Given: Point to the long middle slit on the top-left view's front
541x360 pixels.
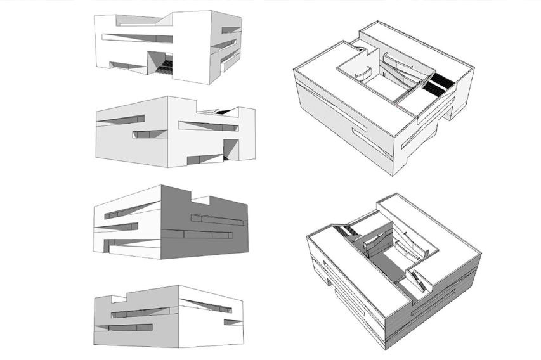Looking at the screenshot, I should (x=136, y=37).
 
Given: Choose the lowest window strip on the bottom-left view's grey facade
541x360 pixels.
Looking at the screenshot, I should (x=133, y=328).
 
